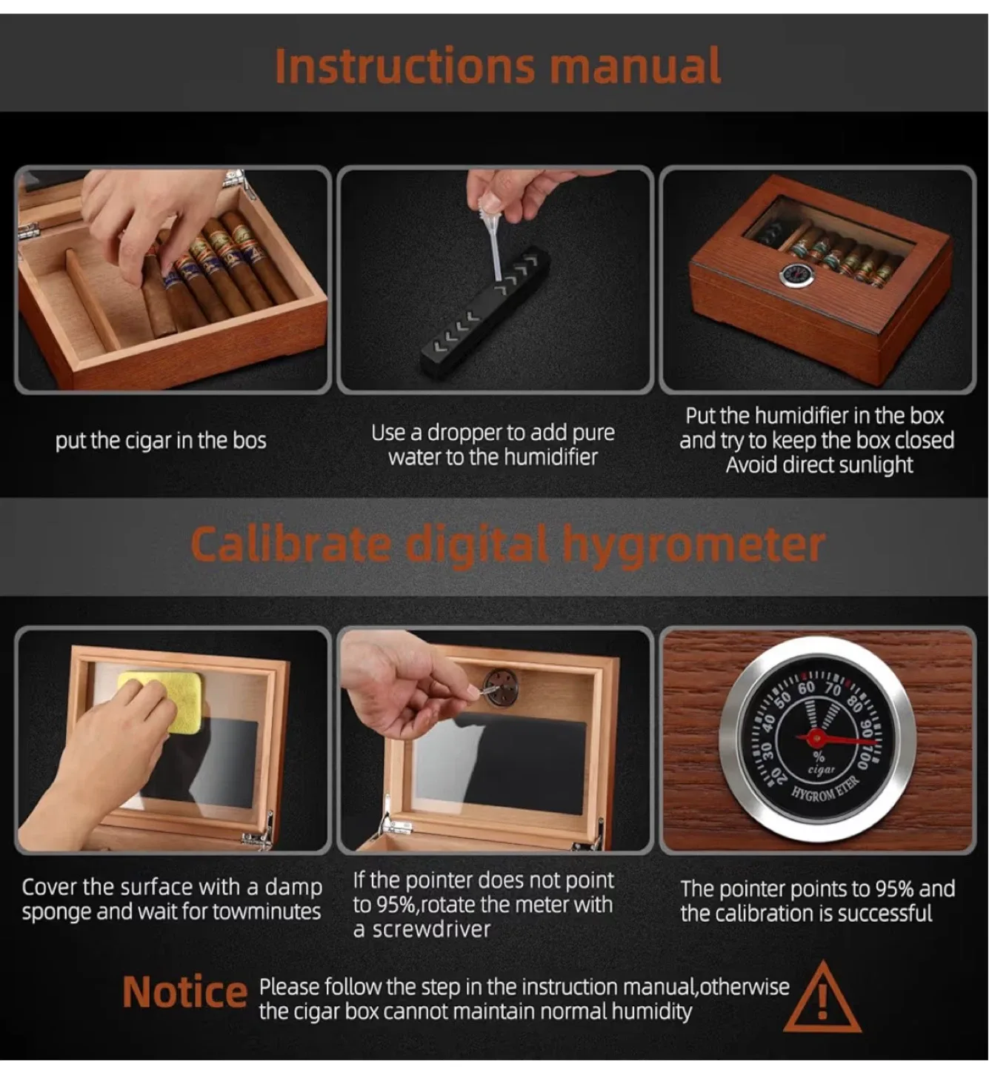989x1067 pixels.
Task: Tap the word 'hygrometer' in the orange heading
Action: [x=693, y=545]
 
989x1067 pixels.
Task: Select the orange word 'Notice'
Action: [x=184, y=992]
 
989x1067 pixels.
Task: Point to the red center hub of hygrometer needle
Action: [x=816, y=738]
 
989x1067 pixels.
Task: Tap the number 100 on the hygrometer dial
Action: [x=864, y=758]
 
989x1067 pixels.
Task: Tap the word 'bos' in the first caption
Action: [x=250, y=441]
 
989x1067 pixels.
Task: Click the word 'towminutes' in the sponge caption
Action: [x=267, y=911]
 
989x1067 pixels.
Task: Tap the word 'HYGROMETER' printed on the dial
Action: [x=824, y=788]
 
